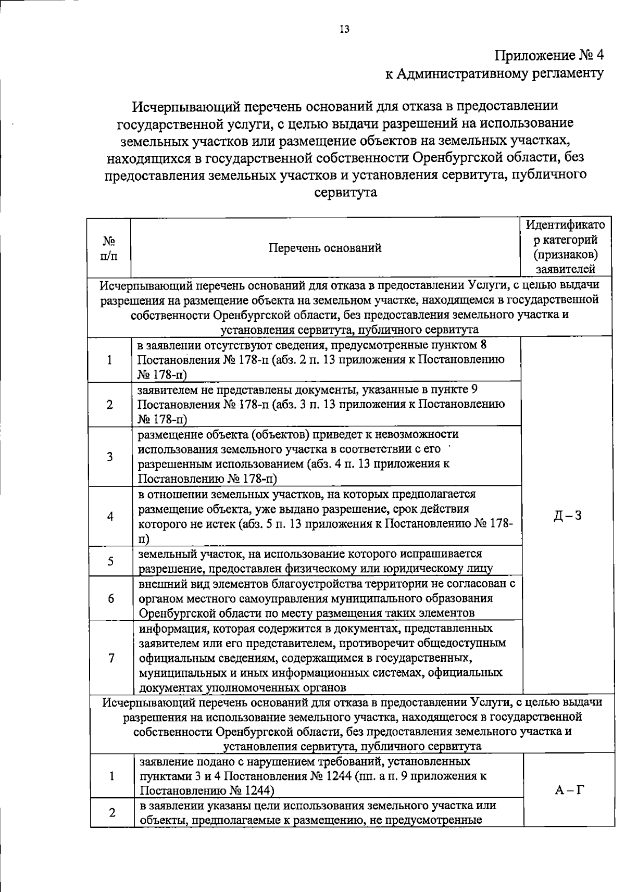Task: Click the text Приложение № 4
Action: pos(548,55)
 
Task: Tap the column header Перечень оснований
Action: pos(325,248)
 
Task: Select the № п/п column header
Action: pos(109,248)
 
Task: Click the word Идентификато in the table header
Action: pos(565,225)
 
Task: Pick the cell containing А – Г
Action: pos(569,790)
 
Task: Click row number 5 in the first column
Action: pos(110,561)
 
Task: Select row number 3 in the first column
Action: pos(110,457)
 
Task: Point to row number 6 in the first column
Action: pos(111,598)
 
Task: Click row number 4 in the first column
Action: pos(110,516)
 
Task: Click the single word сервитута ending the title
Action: pos(346,192)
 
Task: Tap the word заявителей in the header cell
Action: pos(565,269)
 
